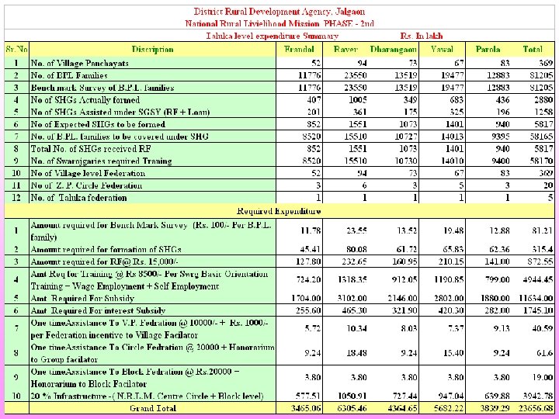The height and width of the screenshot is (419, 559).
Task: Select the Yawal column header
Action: coord(444,49)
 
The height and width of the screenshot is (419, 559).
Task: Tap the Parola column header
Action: coord(488,49)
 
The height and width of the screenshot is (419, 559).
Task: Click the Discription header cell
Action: coord(152,49)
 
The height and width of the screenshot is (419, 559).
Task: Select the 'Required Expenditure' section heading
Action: coord(279,210)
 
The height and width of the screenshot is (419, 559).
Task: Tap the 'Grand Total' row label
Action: coord(152,407)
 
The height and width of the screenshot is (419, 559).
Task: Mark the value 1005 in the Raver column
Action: coord(358,99)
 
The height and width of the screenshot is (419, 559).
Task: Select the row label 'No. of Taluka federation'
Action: coord(78,197)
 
